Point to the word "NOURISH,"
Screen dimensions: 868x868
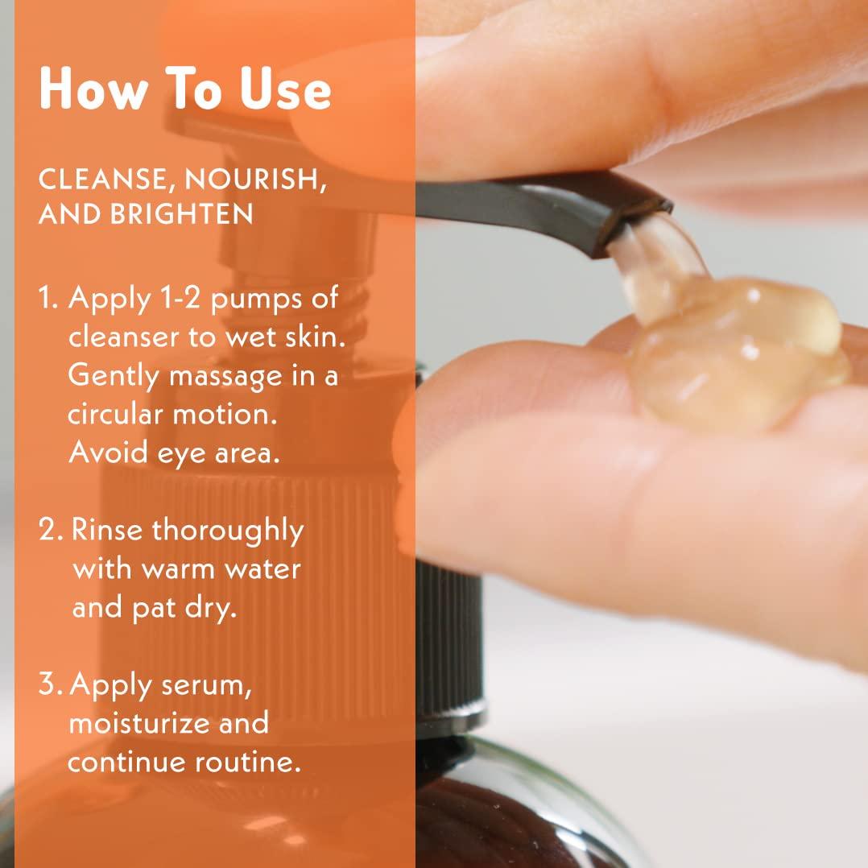(x=256, y=180)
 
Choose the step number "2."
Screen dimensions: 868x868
(x=53, y=530)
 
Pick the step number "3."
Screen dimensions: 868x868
(x=52, y=684)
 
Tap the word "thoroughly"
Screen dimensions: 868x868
(x=228, y=531)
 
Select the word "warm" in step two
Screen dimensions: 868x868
(x=180, y=569)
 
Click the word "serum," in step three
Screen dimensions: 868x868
(x=206, y=685)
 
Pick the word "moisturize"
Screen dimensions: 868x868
(x=145, y=723)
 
